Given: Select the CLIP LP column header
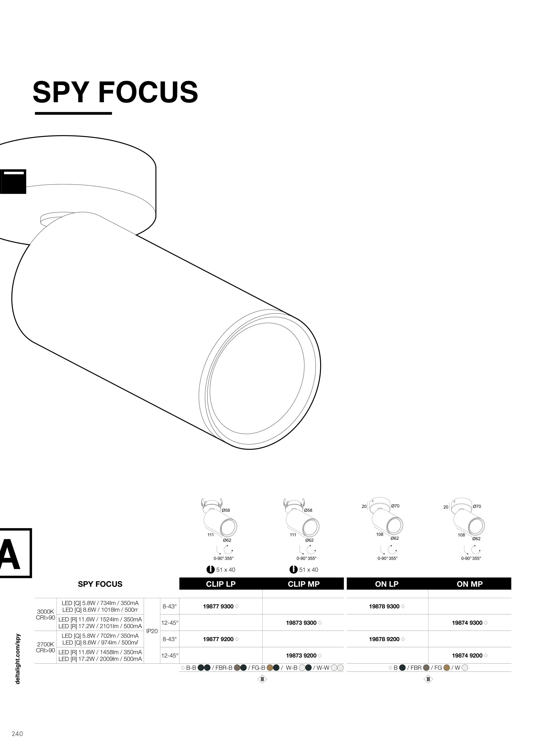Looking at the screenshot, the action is pyautogui.click(x=221, y=584).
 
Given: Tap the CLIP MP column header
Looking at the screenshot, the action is pyautogui.click(x=304, y=584).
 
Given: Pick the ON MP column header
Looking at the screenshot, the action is pyautogui.click(x=470, y=584).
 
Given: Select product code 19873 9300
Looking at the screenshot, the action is pyautogui.click(x=301, y=623).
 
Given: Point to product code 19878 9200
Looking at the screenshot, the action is pyautogui.click(x=384, y=639).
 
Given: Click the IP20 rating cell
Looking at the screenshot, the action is pyautogui.click(x=152, y=631).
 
